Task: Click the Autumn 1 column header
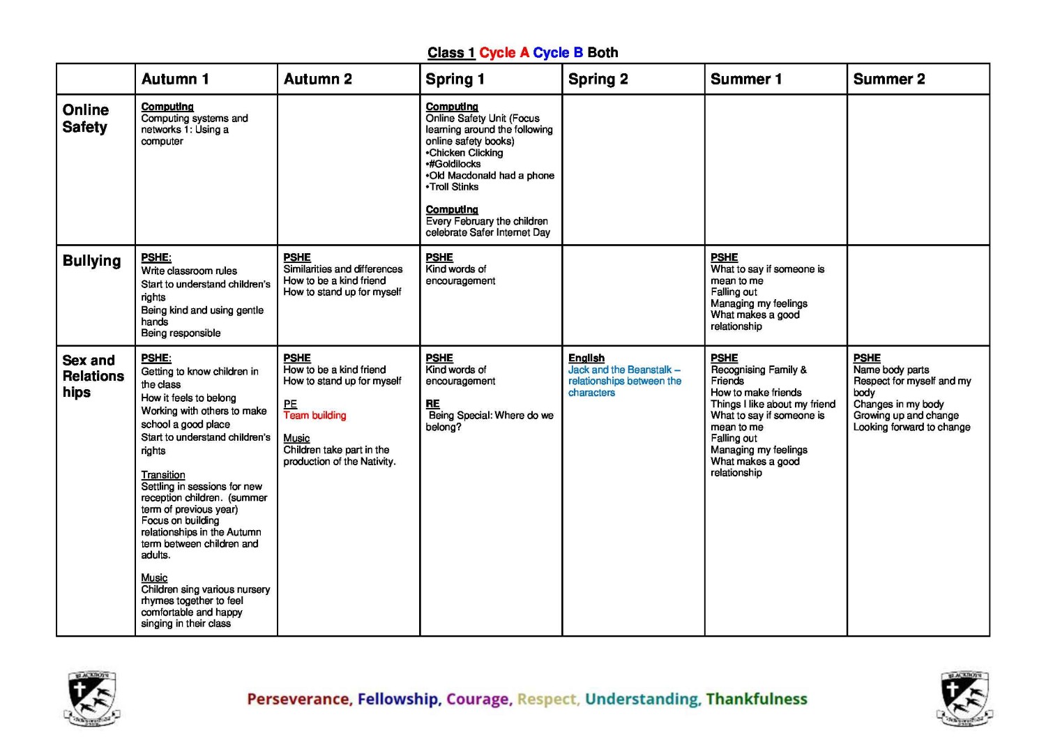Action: pos(175,80)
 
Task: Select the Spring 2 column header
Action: pos(598,80)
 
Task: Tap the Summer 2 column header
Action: pos(888,80)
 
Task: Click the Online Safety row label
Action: pos(85,119)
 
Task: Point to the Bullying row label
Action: pos(91,261)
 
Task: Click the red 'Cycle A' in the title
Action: pos(504,53)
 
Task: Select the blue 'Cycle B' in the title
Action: pos(558,53)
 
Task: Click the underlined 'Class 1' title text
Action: pos(451,53)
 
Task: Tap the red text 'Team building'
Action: pos(314,416)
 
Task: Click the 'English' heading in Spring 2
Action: pos(586,358)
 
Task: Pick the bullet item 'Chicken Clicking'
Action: pos(466,153)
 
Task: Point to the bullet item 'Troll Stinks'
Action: pos(453,187)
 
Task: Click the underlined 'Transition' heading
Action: pos(163,475)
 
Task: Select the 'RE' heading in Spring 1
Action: pos(432,404)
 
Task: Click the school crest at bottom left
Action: pos(92,698)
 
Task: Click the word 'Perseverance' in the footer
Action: pos(299,700)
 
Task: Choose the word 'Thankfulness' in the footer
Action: pos(756,700)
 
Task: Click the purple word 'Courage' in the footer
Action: pos(478,700)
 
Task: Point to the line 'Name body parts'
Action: pos(890,370)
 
